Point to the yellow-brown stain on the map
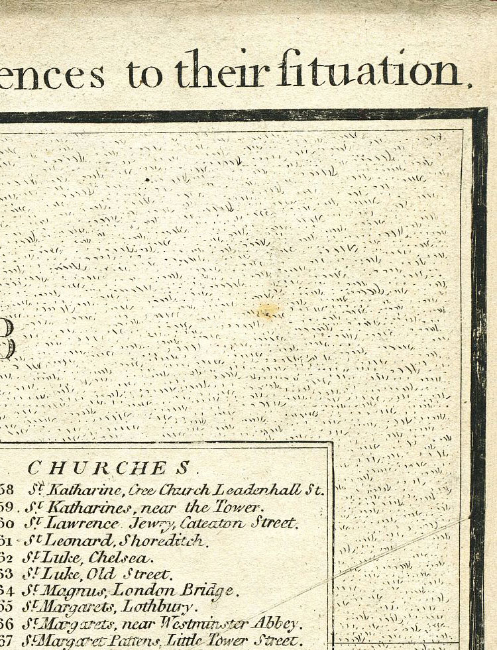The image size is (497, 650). click(x=268, y=310)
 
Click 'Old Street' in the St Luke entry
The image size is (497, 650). click(x=130, y=574)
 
